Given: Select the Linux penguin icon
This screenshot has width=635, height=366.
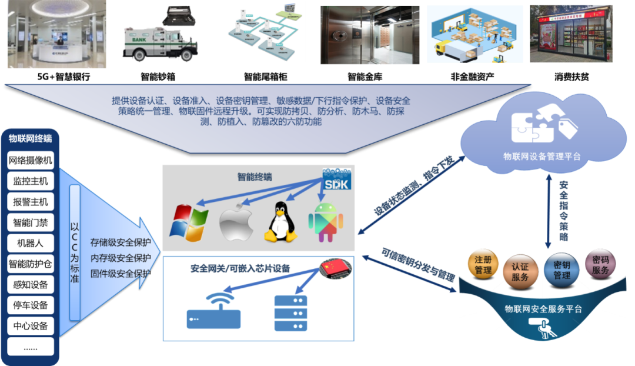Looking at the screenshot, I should pyautogui.click(x=279, y=221).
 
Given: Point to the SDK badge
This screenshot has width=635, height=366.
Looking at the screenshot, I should pyautogui.click(x=336, y=179).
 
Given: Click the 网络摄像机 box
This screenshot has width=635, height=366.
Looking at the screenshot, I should pyautogui.click(x=31, y=160).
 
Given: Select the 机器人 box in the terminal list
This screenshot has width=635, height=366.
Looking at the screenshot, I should pyautogui.click(x=31, y=243).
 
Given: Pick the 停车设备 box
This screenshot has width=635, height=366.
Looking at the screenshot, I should pyautogui.click(x=31, y=305).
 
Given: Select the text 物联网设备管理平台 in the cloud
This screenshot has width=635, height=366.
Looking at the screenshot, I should pyautogui.click(x=542, y=157).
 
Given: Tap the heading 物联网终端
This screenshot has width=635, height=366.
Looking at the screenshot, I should pyautogui.click(x=30, y=139).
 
